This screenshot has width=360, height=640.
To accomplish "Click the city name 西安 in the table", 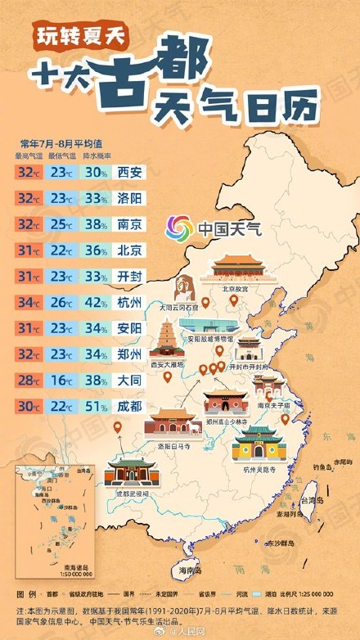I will tap(129, 172).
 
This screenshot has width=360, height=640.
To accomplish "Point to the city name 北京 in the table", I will tap(129, 250).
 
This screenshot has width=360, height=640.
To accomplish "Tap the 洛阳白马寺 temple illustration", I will tap(173, 422).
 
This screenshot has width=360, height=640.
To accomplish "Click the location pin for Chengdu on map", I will tap(117, 426).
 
